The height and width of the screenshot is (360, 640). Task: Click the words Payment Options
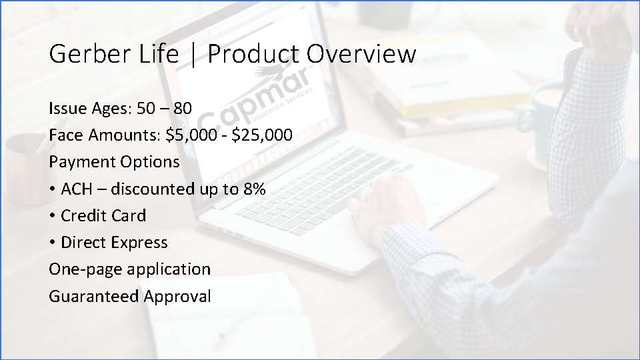pos(114,162)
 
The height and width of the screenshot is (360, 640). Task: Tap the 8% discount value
pos(253,189)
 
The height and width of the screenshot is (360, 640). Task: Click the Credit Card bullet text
pos(103,215)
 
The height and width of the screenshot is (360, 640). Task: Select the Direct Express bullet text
pos(114,243)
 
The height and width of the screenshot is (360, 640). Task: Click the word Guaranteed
pos(93,296)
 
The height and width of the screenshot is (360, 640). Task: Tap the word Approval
pos(177,296)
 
